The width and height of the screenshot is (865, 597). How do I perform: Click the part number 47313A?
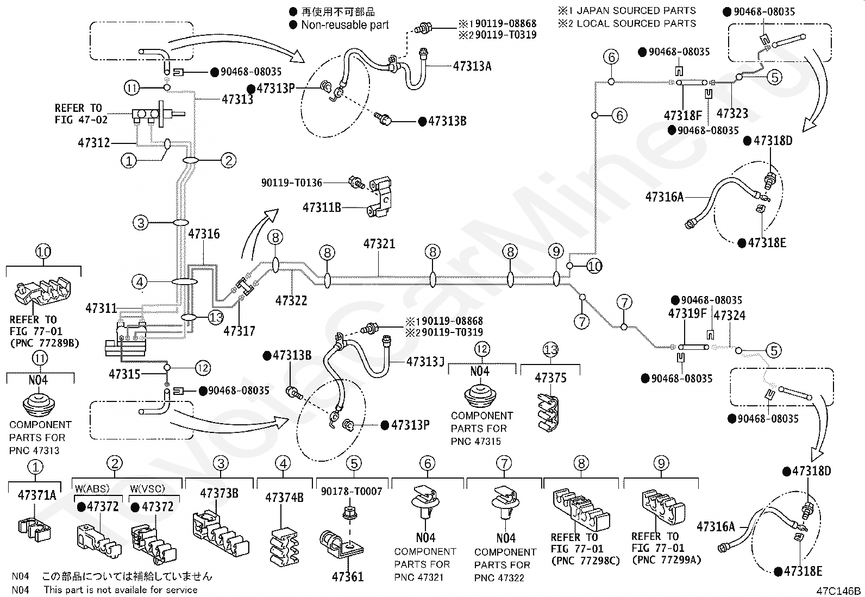472,66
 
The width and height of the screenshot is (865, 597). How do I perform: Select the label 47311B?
322,208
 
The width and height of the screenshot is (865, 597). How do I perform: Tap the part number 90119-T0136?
292,183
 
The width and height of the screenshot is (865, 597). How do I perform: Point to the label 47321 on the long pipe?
379,244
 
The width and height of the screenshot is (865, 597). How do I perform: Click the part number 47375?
550,378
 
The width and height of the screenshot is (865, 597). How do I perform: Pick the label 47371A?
37,495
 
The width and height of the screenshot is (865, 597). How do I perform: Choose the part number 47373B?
219,493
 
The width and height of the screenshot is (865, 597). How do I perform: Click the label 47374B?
284,498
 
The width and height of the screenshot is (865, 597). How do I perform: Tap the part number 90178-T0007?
352,491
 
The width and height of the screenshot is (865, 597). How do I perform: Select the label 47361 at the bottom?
348,576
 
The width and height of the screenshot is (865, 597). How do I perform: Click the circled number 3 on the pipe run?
141,223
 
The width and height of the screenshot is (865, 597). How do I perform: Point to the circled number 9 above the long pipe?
556,252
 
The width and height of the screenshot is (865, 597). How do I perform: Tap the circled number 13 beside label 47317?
216,317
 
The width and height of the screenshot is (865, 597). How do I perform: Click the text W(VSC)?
147,488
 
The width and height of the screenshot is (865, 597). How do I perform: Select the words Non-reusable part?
345,24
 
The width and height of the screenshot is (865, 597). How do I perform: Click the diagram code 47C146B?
838,591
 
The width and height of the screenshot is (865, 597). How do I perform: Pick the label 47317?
240,331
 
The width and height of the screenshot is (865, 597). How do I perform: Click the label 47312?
94,143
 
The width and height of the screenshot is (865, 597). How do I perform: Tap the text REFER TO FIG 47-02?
81,114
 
